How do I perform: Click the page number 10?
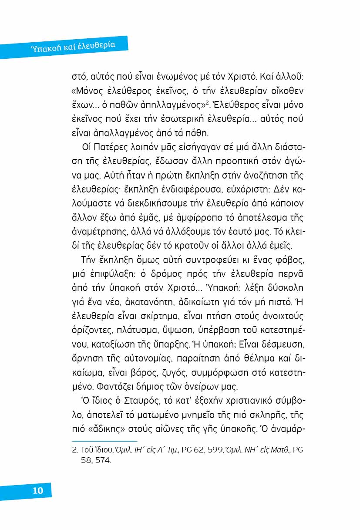pos(38,490)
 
